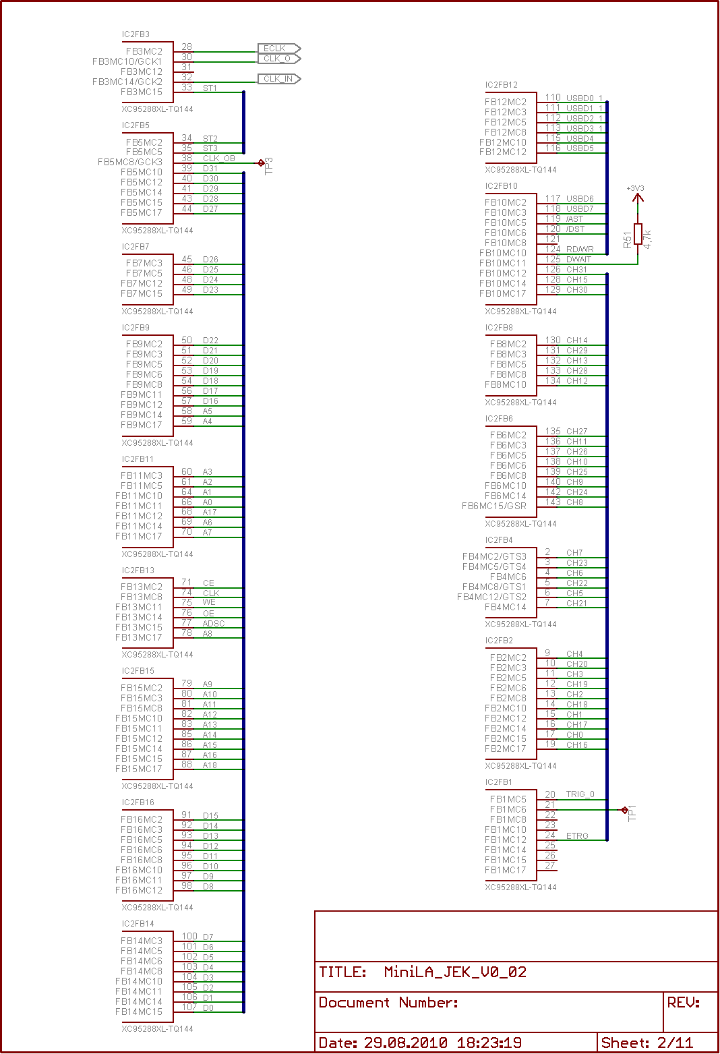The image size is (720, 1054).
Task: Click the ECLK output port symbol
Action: [279, 48]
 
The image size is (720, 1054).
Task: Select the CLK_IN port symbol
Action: [279, 79]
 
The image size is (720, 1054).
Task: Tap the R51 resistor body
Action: [638, 234]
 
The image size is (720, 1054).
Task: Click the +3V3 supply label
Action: [635, 188]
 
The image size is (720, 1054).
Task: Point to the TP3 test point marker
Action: [261, 163]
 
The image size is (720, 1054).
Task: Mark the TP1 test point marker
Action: [624, 810]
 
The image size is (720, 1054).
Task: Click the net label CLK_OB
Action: [218, 158]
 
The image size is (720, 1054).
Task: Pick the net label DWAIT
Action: [578, 259]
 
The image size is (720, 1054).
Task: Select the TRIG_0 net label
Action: [580, 794]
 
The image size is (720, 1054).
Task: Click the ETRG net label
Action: [577, 836]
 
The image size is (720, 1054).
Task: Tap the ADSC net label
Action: [214, 624]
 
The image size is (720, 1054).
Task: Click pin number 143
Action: [553, 502]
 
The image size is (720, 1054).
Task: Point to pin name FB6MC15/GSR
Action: [493, 506]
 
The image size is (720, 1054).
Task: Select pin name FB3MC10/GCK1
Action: [127, 61]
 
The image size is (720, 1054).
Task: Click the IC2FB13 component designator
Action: [138, 570]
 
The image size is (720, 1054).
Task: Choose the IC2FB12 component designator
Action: [502, 85]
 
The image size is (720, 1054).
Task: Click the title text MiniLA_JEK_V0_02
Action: [455, 972]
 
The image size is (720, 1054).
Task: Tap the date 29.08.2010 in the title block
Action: [406, 1043]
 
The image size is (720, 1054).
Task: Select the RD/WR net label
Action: [580, 249]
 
